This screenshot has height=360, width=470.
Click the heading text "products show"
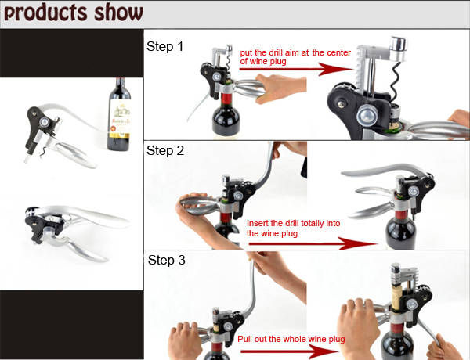(74, 13)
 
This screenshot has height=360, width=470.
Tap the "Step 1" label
(164, 46)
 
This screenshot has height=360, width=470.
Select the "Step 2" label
(165, 150)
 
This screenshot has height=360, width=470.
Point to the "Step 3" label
(166, 260)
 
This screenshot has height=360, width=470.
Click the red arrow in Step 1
(296, 69)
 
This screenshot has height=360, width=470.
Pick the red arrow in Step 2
(313, 243)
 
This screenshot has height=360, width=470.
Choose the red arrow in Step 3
(289, 351)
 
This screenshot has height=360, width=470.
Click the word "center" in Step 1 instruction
(338, 52)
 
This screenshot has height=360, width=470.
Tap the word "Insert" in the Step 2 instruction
(258, 223)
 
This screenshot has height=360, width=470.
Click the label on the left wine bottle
(120, 118)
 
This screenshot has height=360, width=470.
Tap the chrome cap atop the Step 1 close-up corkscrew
(398, 45)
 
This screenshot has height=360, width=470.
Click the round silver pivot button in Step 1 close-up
(368, 115)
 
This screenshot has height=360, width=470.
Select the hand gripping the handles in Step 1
(280, 88)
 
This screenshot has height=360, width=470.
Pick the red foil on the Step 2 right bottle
(401, 214)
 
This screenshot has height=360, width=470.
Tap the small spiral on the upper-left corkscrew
(43, 152)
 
